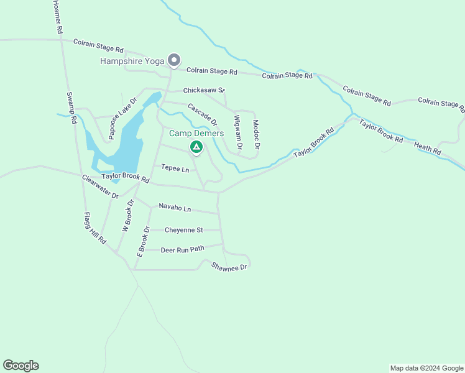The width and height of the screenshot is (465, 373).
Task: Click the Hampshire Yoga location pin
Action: tap(175, 60)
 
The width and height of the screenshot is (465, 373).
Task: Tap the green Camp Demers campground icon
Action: tap(196, 147)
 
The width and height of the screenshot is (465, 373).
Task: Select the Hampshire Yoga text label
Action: tap(132, 61)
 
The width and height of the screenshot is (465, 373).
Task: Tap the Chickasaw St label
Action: tap(203, 90)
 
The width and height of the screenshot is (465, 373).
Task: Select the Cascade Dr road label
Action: tap(202, 114)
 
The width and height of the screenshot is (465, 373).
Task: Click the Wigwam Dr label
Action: tap(237, 132)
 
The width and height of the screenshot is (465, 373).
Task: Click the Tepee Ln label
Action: tap(175, 168)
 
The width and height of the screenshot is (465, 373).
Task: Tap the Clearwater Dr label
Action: tap(100, 186)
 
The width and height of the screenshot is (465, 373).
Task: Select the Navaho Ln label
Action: tap(175, 207)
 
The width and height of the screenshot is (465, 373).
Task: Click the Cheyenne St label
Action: tap(183, 230)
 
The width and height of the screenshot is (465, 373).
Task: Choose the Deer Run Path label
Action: tap(182, 250)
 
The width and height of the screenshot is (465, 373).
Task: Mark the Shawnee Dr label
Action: tap(229, 266)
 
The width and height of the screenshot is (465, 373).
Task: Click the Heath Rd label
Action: tap(427, 148)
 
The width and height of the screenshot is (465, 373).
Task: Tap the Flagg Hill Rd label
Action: tap(95, 228)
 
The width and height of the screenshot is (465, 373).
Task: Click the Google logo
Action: tap(21, 366)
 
